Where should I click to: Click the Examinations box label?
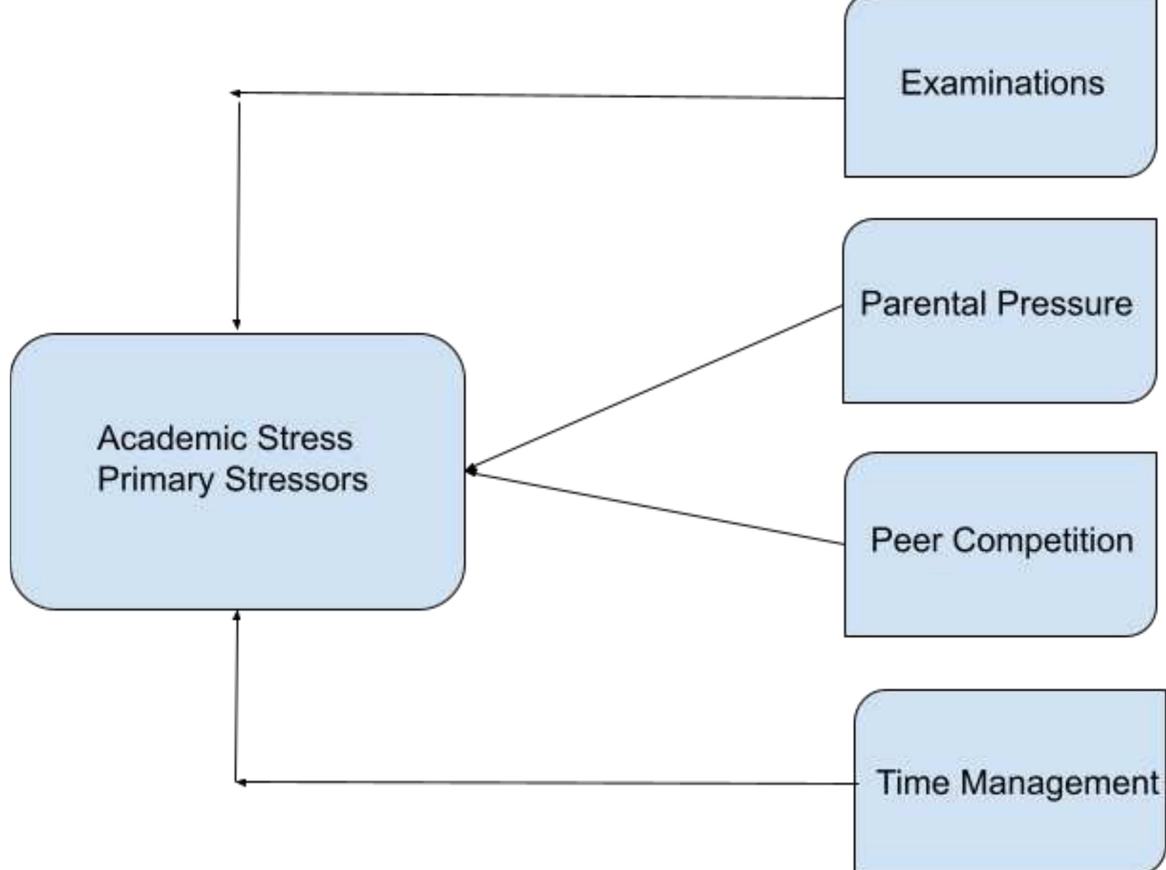pos(1002,83)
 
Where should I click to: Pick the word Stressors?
pos(296,480)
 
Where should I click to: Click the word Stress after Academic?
pos(304,438)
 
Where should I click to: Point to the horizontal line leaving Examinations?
pos(538,95)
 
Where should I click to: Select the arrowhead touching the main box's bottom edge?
pos(237,616)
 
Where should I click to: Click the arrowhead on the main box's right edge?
pos(471,470)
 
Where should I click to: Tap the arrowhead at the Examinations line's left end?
pos(235,93)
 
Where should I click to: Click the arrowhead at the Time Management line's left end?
pos(241,782)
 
